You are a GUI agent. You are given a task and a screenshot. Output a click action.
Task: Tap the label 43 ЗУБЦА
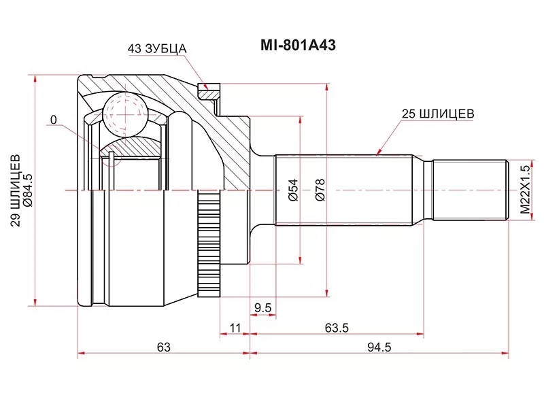click(x=156, y=49)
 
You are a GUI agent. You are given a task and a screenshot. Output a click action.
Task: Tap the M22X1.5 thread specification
click(x=524, y=190)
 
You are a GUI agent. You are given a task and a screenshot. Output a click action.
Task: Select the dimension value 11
click(x=235, y=328)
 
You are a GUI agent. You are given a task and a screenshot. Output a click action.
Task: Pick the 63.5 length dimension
click(x=336, y=328)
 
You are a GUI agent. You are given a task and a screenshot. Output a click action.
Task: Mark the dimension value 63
click(x=163, y=347)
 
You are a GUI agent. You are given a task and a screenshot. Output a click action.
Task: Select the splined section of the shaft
click(x=347, y=190)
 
